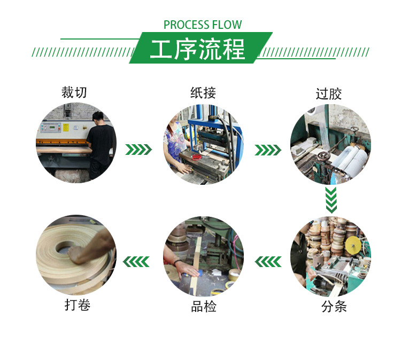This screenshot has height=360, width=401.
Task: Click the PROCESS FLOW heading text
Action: click(x=203, y=25)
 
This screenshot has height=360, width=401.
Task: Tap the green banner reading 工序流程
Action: click(x=200, y=49)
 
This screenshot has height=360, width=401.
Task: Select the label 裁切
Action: click(x=74, y=92)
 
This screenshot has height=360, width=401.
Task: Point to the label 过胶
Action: click(x=328, y=95)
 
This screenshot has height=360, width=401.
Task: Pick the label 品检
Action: click(x=204, y=307)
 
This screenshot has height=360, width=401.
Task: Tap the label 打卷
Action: click(x=77, y=306)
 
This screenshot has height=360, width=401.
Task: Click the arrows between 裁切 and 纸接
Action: click(x=139, y=150)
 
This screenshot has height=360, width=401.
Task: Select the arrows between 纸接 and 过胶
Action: click(x=268, y=150)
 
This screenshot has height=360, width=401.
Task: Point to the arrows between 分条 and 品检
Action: click(x=268, y=261)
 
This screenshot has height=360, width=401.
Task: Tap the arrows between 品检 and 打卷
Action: click(x=136, y=261)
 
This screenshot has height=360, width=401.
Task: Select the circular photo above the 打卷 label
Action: click(x=76, y=255)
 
